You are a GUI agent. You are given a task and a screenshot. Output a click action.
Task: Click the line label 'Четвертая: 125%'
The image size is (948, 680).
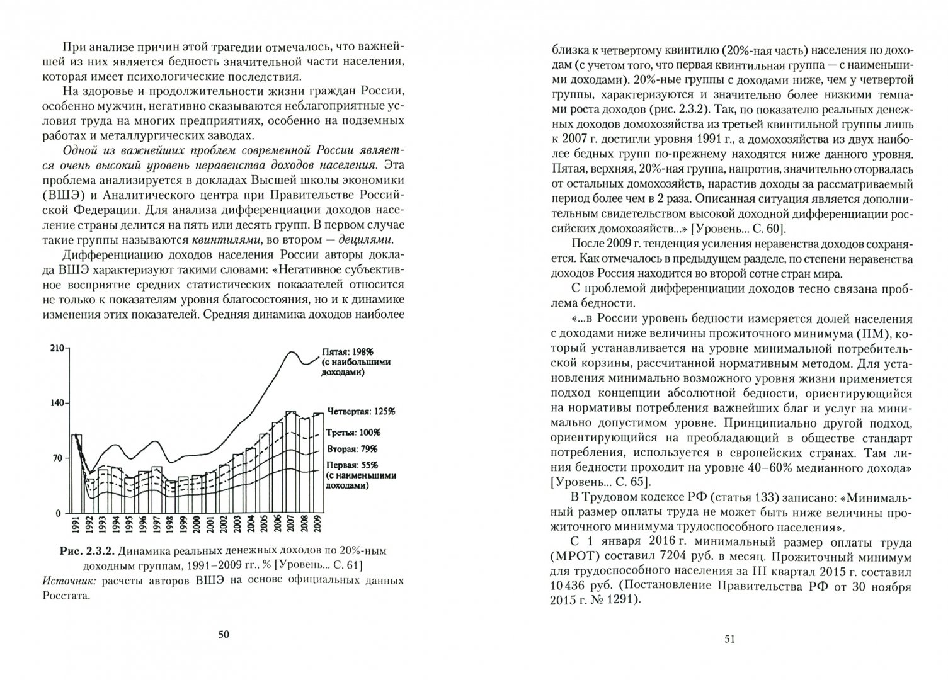[x=360, y=411]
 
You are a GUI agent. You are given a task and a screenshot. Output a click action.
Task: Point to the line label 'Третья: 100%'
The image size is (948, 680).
[x=353, y=433]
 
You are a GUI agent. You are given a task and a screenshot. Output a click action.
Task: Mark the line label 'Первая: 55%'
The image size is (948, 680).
[x=351, y=465]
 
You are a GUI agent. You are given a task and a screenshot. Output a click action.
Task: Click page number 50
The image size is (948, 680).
[x=224, y=634]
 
